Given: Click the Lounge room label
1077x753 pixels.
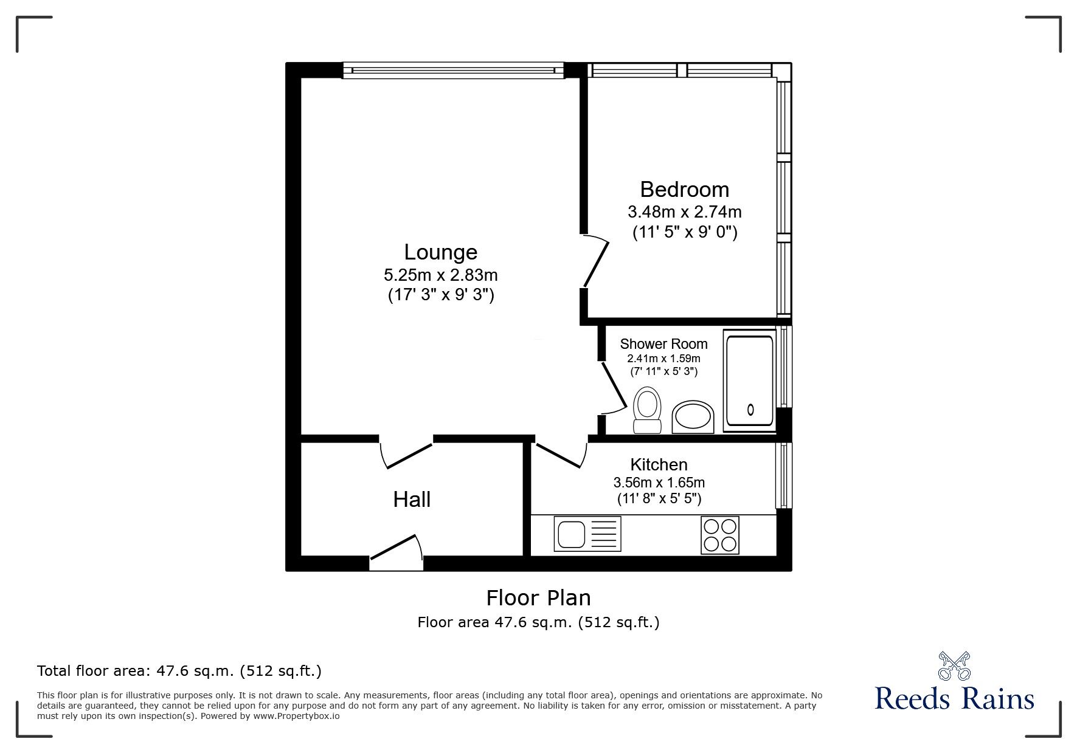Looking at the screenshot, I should (x=440, y=252).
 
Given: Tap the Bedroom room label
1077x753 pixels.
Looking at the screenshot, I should (x=684, y=190).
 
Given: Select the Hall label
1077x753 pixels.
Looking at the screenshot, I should (x=412, y=500).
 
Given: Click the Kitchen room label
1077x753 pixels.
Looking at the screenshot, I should (x=659, y=465).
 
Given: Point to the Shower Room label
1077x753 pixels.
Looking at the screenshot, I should (x=663, y=344).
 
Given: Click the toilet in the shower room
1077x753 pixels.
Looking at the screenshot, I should (x=646, y=411).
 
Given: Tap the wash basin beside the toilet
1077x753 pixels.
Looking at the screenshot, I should (x=693, y=417).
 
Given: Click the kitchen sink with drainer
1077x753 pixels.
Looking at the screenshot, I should (x=587, y=534).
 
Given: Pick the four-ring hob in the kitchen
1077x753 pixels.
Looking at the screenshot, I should (x=720, y=535).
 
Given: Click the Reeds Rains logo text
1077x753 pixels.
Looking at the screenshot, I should (x=954, y=699).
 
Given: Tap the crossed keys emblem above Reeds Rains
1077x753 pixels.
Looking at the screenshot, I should (x=954, y=665).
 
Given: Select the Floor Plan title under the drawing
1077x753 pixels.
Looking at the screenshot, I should (x=538, y=598).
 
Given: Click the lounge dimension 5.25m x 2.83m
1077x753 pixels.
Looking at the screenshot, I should (x=440, y=275).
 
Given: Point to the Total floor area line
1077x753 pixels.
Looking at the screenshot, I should (x=179, y=671).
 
